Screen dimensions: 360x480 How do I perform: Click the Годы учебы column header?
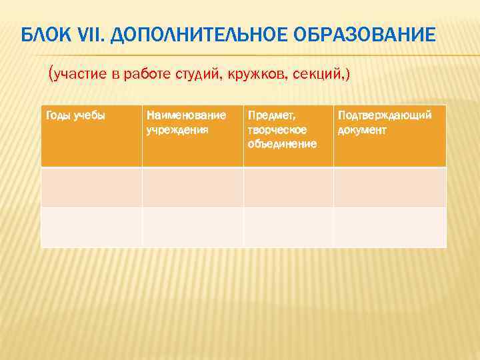click(75, 116)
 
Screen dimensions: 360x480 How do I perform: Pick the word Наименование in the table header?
click(185, 116)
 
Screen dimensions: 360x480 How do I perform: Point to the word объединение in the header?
click(281, 144)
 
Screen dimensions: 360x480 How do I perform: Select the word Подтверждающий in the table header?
click(385, 116)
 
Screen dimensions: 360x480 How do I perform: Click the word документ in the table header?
click(362, 130)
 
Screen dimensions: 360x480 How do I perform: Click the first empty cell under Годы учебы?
click(91, 187)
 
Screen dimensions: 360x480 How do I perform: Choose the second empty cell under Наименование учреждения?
click(193, 227)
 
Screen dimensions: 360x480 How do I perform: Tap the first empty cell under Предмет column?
click(288, 187)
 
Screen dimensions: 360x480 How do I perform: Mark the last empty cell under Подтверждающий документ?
click(390, 227)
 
